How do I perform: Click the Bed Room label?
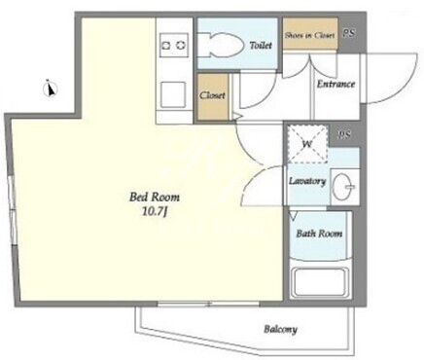coord(155,198)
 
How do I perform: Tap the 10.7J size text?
coord(155,212)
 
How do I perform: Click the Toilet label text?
coord(261,45)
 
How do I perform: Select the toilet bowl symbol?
coord(222,45)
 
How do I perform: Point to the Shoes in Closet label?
coord(309,35)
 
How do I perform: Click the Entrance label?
coord(336,84)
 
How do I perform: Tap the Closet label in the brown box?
coord(212,95)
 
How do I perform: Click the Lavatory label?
coord(307,181)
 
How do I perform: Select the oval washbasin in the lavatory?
coord(343,187)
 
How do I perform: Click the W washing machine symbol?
coord(307,144)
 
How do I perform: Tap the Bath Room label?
coord(319,234)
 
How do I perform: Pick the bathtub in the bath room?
coord(319,281)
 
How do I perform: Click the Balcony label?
coord(280,330)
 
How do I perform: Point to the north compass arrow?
coord(51,89)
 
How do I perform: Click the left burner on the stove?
coord(165,45)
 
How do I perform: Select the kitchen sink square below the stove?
coord(173,94)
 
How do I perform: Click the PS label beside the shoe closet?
coord(349,33)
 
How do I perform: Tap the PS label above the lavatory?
coord(344,135)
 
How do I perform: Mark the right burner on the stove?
coord(181,45)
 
